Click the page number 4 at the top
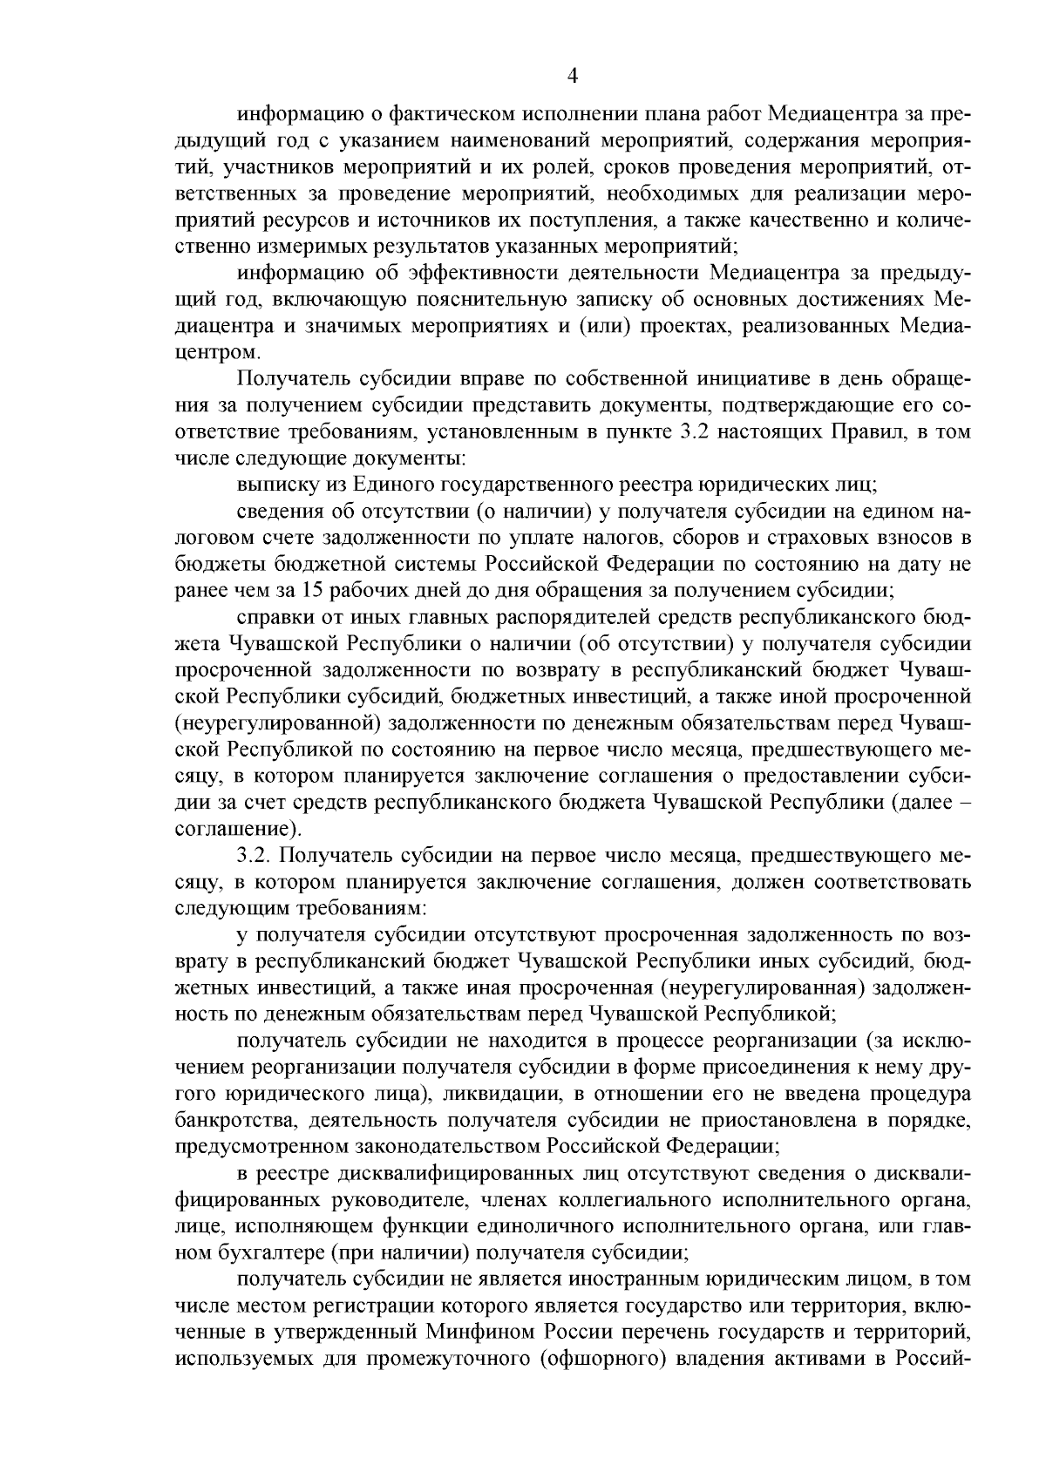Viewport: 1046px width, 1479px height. pyautogui.click(x=573, y=76)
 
